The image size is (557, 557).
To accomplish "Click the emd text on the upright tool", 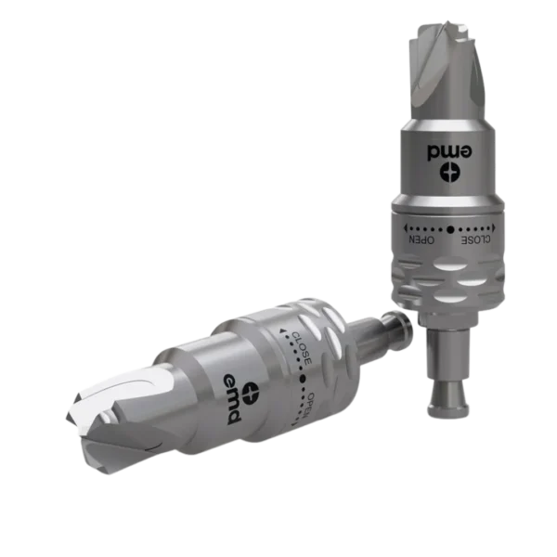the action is (449, 151).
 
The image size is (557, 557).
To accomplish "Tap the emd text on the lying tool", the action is (233, 399).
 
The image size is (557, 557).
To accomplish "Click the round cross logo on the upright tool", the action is (449, 173).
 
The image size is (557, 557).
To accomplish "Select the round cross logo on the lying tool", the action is (253, 393).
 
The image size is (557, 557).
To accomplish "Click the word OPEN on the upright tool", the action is (421, 240).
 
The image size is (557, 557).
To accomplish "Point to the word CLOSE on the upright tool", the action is (475, 240).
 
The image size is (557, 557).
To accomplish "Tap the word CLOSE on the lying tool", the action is (301, 348).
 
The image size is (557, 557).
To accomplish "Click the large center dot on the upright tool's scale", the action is (450, 229).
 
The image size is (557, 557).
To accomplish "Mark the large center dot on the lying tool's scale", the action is (303, 379).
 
